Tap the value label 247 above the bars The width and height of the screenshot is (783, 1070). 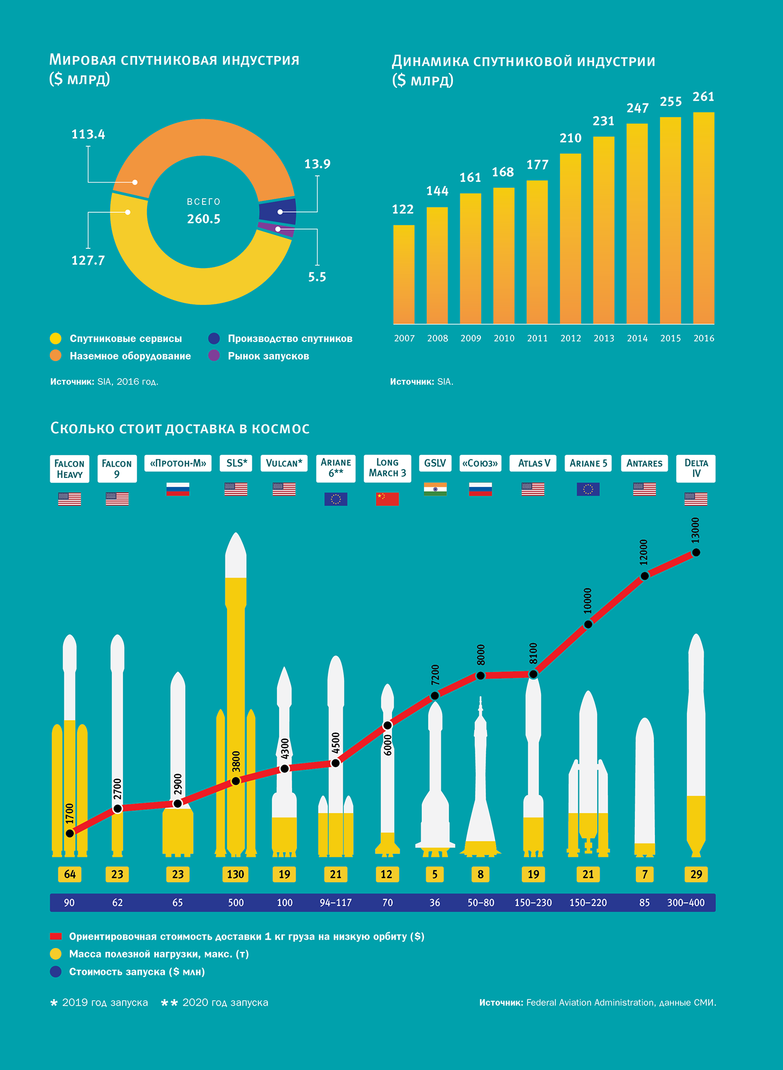[638, 109]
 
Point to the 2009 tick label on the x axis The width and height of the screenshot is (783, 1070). [471, 338]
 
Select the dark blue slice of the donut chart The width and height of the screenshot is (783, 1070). [278, 212]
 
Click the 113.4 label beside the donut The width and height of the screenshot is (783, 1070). [88, 134]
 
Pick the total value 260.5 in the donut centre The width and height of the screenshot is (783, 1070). [204, 219]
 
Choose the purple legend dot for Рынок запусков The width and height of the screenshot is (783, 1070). [214, 356]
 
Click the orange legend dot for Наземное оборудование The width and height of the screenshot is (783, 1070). [55, 356]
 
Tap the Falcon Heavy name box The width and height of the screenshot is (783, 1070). [69, 469]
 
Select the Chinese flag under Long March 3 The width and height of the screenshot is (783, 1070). [388, 499]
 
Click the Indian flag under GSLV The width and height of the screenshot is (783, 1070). [435, 489]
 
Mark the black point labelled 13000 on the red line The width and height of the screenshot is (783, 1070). [696, 552]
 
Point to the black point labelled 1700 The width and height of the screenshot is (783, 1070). [70, 833]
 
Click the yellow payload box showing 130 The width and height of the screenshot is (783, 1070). [235, 874]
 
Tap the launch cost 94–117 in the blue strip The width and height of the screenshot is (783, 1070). [336, 903]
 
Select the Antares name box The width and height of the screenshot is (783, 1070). [644, 463]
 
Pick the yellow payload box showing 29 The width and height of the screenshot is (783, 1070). [696, 874]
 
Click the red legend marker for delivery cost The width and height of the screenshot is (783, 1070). [55, 936]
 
